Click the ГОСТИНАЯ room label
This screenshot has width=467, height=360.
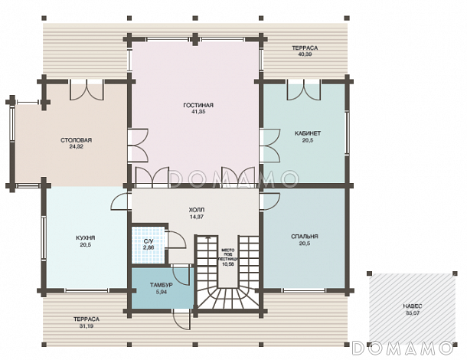pos(198,105)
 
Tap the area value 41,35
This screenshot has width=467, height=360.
pos(198,112)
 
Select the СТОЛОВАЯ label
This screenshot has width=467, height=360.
pos(77,140)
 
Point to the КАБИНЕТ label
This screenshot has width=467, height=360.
pos(308,133)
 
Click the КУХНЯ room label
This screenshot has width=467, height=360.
pos(86,237)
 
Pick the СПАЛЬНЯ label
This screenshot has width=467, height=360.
pos(305,237)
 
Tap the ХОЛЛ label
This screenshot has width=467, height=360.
pos(197,210)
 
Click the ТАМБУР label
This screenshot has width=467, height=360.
pos(161,285)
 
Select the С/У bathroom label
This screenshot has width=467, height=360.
pos(148,241)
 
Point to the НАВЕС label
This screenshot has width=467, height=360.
pos(413,306)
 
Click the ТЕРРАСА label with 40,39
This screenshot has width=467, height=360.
pos(305,47)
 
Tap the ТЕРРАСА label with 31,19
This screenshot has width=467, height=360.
pos(87,319)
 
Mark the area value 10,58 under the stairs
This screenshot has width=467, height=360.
pos(228,263)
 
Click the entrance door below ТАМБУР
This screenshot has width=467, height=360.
pos(182,319)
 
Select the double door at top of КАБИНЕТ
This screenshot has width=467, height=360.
pos(304,90)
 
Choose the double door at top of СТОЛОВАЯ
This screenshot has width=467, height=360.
pos(87,90)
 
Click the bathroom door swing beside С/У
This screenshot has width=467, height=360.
pos(176,240)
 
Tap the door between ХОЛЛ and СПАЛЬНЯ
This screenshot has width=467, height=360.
pos(270,201)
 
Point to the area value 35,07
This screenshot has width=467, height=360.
pos(413,313)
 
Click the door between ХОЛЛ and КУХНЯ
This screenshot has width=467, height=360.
pos(121,201)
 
